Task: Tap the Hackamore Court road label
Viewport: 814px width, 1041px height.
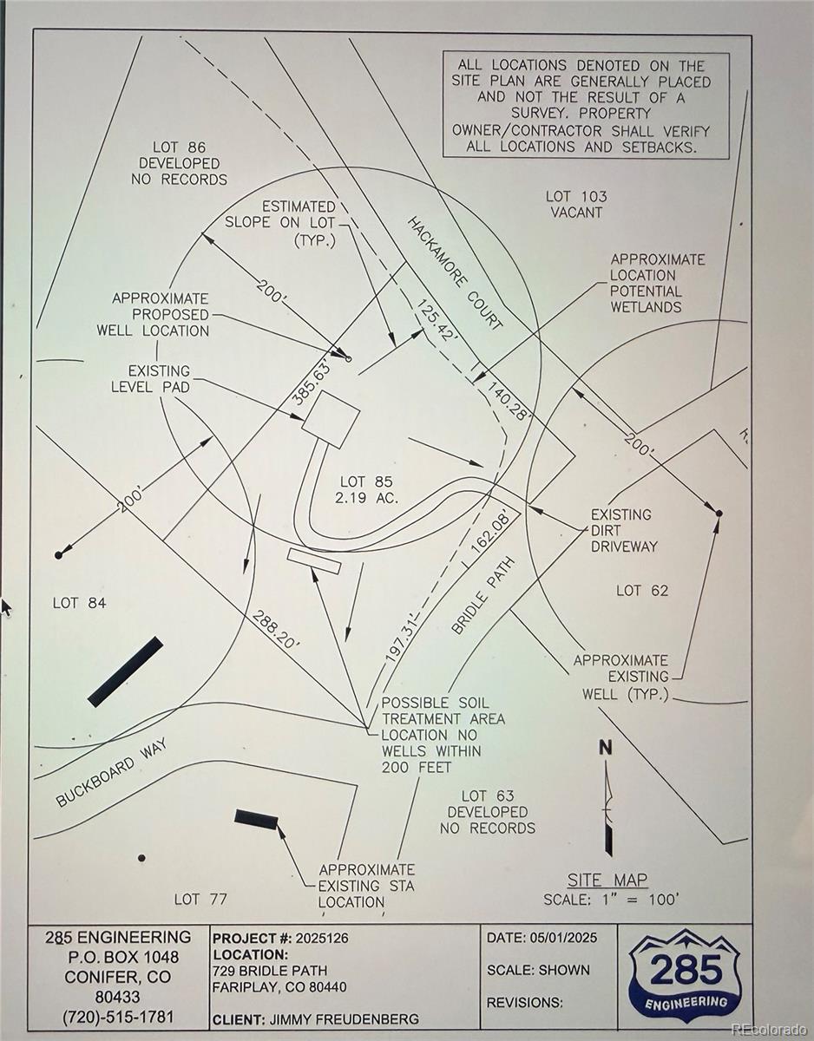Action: coord(454,273)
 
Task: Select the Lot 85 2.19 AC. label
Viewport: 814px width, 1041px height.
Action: coord(366,490)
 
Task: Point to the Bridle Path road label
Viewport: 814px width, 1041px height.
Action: coord(482,595)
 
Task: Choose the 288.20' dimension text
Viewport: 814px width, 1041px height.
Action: coord(276,631)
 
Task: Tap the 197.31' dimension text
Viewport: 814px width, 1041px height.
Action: coord(402,641)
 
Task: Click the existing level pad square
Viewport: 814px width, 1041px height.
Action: coord(330,418)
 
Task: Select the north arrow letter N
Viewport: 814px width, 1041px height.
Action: coord(606,749)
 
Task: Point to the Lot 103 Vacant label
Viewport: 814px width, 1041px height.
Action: coord(576,204)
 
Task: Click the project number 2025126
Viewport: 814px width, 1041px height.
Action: coord(322,938)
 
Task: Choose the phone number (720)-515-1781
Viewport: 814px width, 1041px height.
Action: coord(118,1016)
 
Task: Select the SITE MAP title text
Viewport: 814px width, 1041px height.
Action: coord(607,880)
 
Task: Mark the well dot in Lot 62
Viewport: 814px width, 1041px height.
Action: coord(719,514)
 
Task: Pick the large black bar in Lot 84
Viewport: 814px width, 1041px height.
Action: coord(125,671)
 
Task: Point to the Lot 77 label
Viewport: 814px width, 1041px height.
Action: coord(200,899)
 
